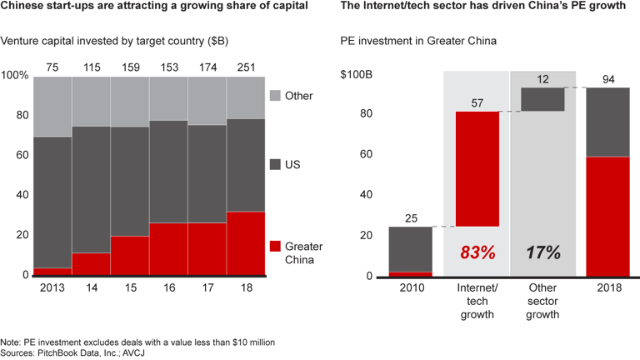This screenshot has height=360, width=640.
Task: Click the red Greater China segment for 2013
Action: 52,272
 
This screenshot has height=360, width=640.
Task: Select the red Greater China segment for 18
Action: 246,243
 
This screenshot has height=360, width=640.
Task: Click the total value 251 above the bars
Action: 246,66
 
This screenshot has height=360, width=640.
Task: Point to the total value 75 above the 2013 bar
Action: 52,66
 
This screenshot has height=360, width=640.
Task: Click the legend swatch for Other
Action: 275,96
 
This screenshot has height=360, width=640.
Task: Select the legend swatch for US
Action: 275,166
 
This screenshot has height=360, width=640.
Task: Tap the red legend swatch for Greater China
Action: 275,246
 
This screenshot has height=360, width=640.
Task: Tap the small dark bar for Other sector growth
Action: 542,99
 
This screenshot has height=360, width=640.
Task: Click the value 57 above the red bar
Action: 477,102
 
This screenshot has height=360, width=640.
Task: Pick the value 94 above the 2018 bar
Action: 608,79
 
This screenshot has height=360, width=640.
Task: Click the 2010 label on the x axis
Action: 410,288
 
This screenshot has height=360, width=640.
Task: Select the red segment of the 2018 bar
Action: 608,217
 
